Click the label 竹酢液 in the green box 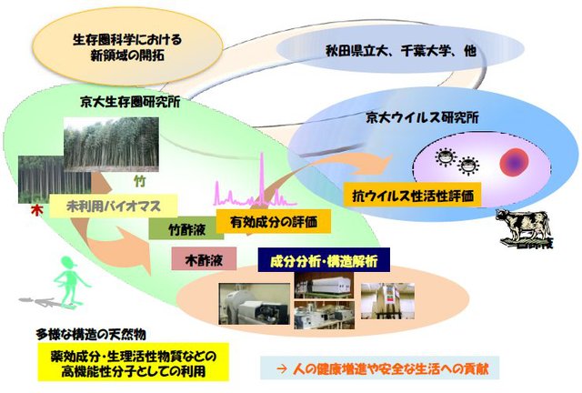pos(186,229)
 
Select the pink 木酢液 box pos(204,258)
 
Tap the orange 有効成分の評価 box pos(274,222)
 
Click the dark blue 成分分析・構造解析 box pos(324,260)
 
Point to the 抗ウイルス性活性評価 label pos(412,195)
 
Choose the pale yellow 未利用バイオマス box pos(113,206)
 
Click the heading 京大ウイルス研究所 pos(422,117)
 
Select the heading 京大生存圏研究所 pos(130,102)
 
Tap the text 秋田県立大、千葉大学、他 pos(400,50)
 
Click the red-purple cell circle pos(514,162)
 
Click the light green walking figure pos(69,282)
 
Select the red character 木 pos(36,211)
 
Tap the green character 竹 pos(139,181)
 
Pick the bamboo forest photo pos(111,145)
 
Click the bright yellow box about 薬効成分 pos(134,362)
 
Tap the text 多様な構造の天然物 pos(91,335)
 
